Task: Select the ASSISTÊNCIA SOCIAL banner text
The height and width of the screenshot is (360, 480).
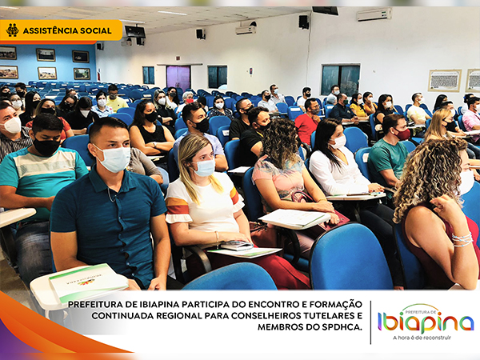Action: (x=67, y=30)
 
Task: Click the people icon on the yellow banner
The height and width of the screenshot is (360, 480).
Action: (x=12, y=30)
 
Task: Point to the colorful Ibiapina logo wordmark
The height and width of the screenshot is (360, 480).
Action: (x=426, y=322)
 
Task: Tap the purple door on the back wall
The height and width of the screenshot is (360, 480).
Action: (x=178, y=78)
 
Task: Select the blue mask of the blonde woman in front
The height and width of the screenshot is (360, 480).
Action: (x=205, y=168)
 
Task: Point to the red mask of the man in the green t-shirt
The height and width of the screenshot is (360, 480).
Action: (x=402, y=134)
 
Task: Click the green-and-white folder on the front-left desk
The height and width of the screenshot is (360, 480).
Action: (x=88, y=282)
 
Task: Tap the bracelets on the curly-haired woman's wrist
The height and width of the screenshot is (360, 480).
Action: (x=462, y=239)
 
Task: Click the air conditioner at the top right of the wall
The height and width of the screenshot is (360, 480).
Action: (x=374, y=14)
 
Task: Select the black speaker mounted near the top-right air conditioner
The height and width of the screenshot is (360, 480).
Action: (x=304, y=22)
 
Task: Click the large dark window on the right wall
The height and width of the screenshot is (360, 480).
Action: (x=341, y=80)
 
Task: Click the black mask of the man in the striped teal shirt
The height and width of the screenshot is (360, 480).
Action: (x=46, y=146)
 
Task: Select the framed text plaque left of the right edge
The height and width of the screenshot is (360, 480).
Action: (x=445, y=81)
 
